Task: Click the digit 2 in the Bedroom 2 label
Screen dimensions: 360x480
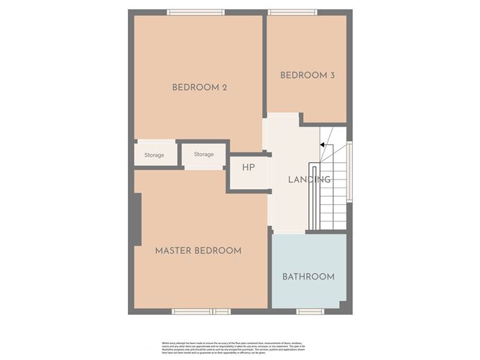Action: [x=224, y=88]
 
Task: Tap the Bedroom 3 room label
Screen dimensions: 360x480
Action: [x=307, y=75]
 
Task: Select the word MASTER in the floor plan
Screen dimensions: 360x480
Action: [x=173, y=251]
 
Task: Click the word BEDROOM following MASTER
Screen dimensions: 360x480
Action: [x=218, y=251]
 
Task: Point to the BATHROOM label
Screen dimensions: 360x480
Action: [x=308, y=277]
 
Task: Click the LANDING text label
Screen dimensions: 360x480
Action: [x=309, y=180]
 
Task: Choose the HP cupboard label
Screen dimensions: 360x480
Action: [x=248, y=167]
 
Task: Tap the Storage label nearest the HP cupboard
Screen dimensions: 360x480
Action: [x=203, y=154]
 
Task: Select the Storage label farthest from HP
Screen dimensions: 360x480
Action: [x=154, y=155]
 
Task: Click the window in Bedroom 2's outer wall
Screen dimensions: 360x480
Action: [x=195, y=12]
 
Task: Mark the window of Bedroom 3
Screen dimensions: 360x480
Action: [x=292, y=12]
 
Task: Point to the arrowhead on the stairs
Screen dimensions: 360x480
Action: [x=323, y=145]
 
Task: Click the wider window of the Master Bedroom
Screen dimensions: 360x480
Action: [x=192, y=311]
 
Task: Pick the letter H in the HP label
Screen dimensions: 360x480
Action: [x=245, y=167]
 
